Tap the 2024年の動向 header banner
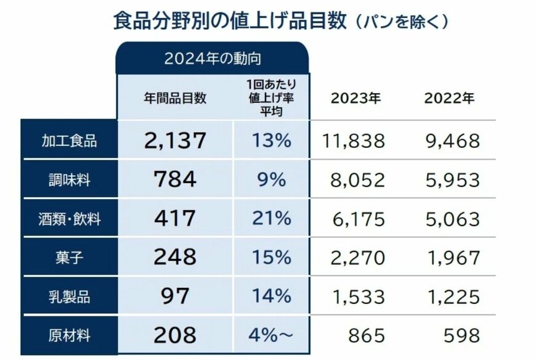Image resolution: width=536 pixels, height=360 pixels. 213,59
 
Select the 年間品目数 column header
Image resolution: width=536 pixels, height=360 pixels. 176,98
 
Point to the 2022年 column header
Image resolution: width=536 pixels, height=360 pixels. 449,99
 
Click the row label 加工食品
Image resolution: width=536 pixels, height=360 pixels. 69,141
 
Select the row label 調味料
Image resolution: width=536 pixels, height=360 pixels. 69,179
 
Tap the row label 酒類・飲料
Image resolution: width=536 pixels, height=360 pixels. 69,218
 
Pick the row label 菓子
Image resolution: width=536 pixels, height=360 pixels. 69,257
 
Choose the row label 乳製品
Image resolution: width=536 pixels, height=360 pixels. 69,297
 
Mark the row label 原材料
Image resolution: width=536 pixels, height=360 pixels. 69,336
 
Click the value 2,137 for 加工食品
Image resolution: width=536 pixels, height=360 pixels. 175,141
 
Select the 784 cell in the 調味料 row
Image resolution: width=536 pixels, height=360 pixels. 175,179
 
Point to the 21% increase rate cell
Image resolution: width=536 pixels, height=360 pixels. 271,218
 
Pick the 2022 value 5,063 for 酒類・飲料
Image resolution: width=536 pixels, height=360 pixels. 452,218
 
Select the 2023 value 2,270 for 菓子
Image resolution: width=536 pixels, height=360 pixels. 357,257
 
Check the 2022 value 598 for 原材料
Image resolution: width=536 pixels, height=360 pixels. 461,336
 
